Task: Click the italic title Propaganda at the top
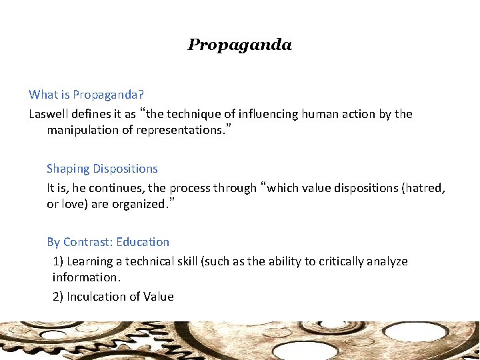click(240, 45)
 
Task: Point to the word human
click(320, 114)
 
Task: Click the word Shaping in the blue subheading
click(69, 169)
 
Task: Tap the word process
click(189, 188)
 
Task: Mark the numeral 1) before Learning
click(58, 261)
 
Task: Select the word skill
click(184, 261)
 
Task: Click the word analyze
click(391, 261)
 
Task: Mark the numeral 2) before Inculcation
click(58, 297)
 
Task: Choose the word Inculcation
click(98, 297)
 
